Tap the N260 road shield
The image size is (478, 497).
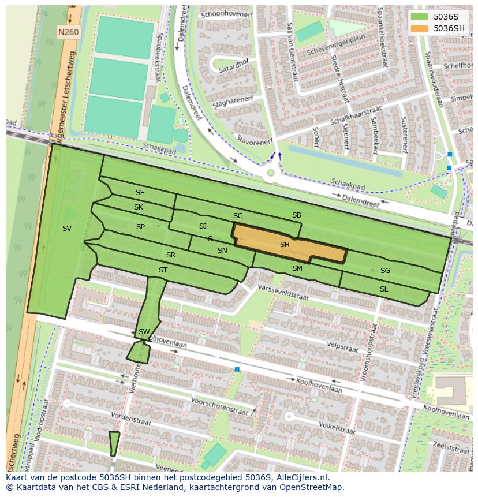(x=68, y=33)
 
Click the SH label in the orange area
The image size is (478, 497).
(x=285, y=245)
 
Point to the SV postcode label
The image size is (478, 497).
(x=67, y=229)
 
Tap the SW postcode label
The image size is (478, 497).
(x=144, y=332)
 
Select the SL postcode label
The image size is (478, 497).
(x=384, y=289)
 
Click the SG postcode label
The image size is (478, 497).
(x=385, y=271)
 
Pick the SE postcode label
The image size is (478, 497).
(x=140, y=193)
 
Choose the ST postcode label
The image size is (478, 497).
(x=163, y=270)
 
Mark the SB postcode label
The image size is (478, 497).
(x=297, y=215)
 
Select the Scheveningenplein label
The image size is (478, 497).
(x=336, y=51)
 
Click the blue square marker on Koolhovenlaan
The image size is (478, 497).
(x=237, y=369)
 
